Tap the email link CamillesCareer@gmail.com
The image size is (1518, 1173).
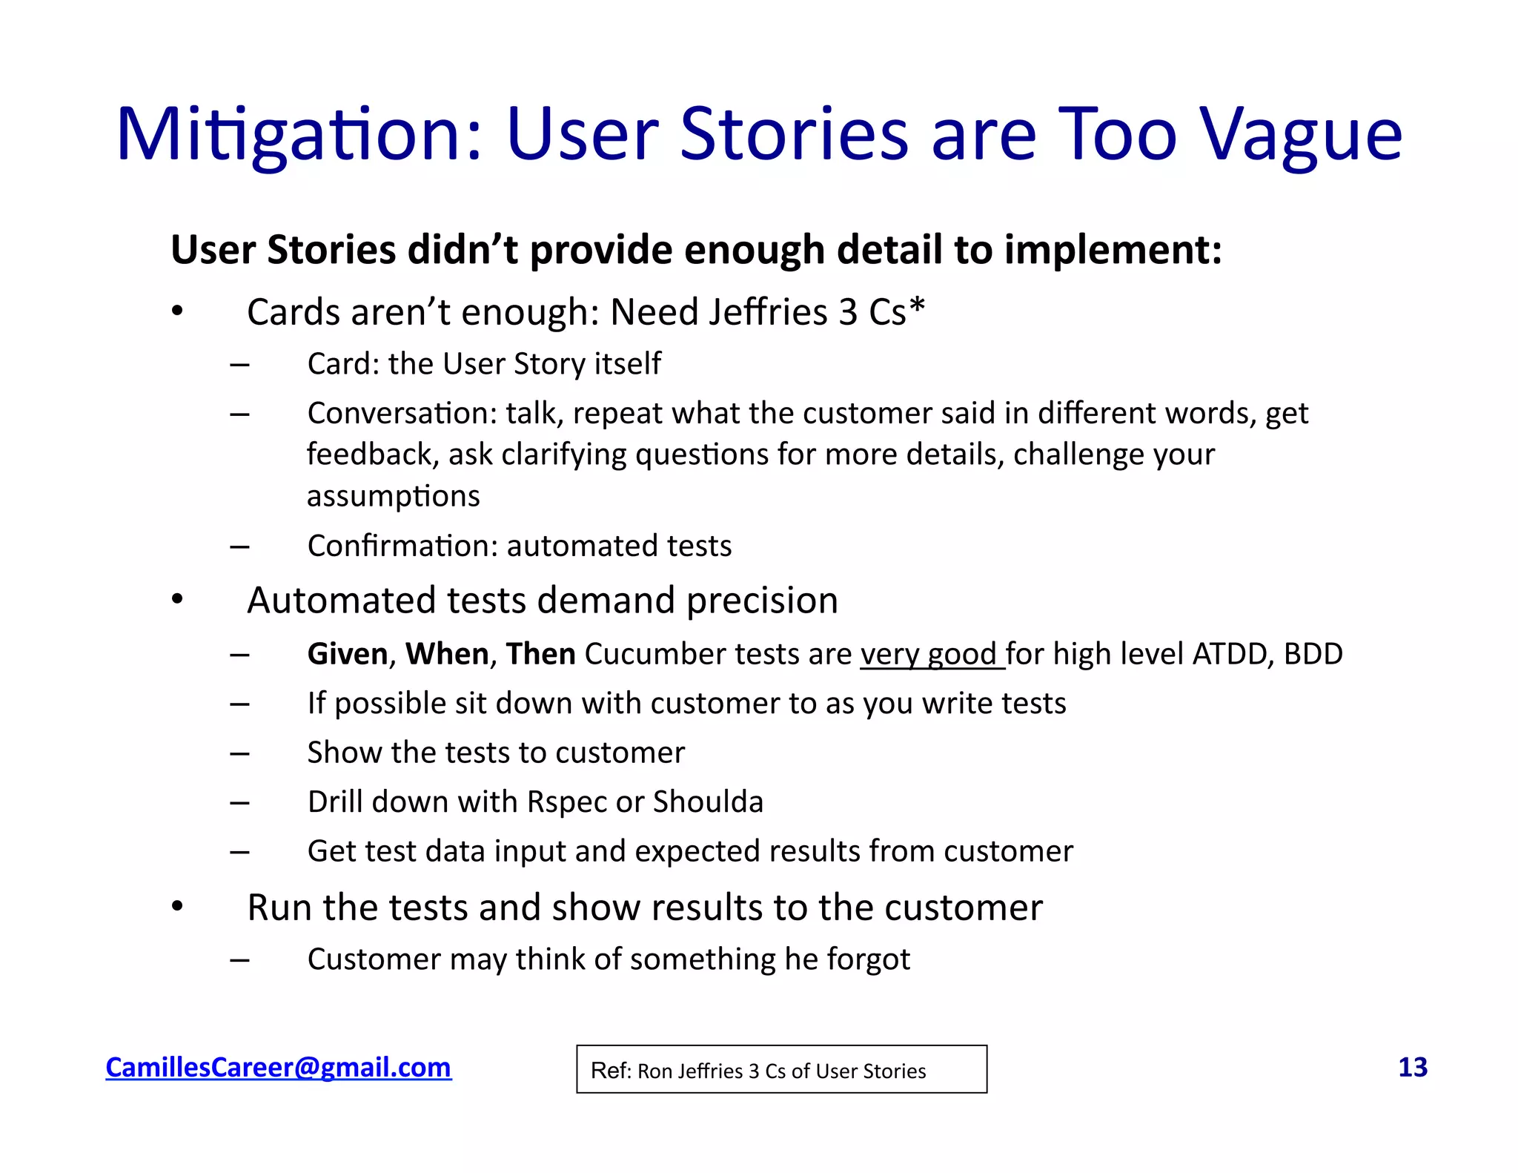click(x=278, y=1067)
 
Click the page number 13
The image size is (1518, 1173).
click(x=1412, y=1067)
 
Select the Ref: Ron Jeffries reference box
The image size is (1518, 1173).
click(x=781, y=1069)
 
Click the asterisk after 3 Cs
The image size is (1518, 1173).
click(x=918, y=305)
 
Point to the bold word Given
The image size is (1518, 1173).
click(x=348, y=654)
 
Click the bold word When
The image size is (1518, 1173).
click(x=447, y=654)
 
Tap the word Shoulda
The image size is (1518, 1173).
click(x=708, y=802)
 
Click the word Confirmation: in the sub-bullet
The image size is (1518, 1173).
click(x=402, y=546)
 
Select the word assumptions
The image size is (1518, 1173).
click(x=394, y=497)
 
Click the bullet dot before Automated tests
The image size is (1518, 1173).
click(x=176, y=599)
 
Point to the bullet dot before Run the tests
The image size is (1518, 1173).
click(x=176, y=906)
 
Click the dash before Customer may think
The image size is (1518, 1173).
click(x=239, y=960)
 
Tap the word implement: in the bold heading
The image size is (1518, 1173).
click(x=1113, y=250)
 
